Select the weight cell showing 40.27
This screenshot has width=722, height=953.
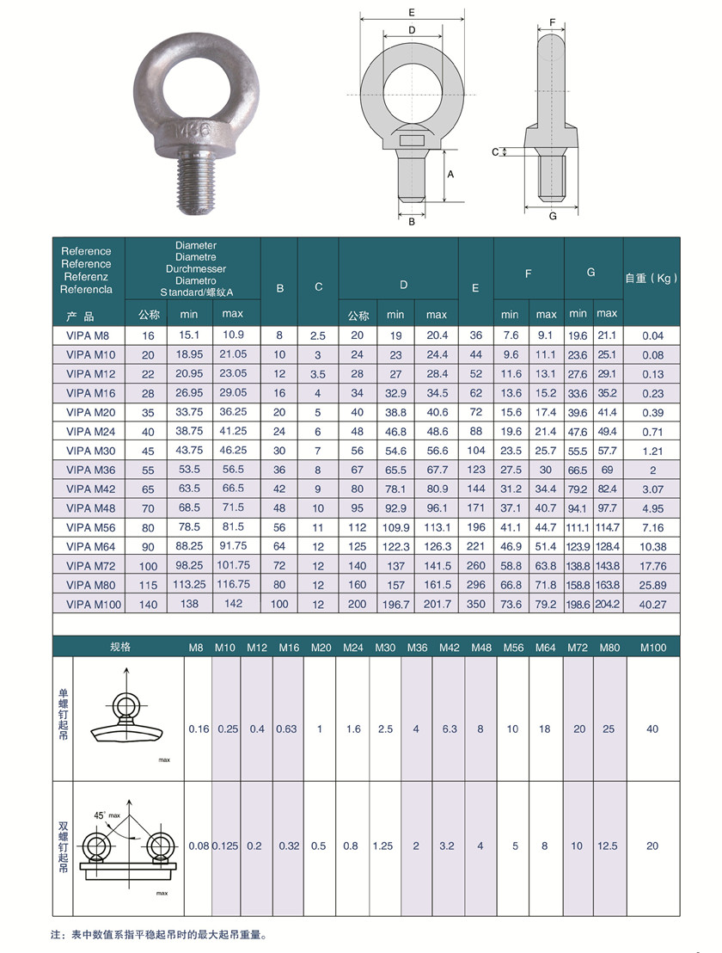click(x=652, y=605)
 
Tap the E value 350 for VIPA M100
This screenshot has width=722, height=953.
click(x=476, y=604)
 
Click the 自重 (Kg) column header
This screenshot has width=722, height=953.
click(x=652, y=279)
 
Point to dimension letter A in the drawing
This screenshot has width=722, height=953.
click(x=450, y=175)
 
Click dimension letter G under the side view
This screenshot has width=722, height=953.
click(x=553, y=217)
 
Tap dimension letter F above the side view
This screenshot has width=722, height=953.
click(x=553, y=22)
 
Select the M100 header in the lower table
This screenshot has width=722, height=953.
click(x=653, y=648)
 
